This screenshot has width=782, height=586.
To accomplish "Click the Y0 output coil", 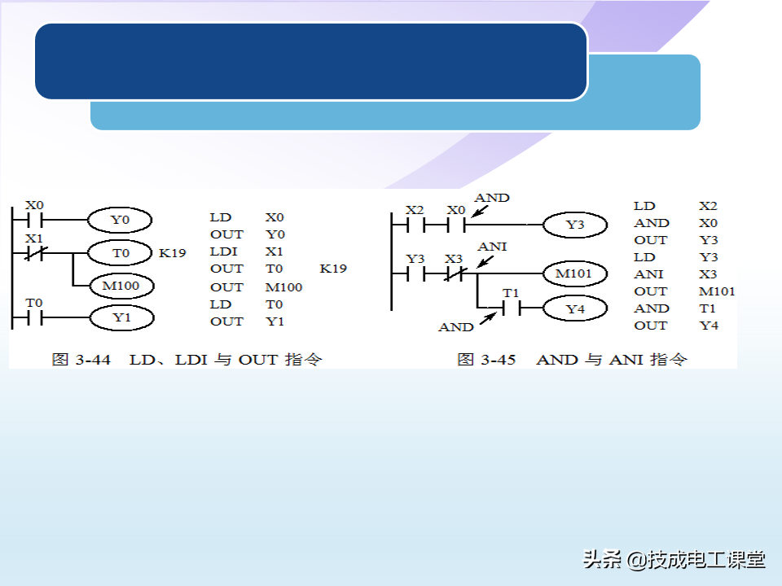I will [120, 220].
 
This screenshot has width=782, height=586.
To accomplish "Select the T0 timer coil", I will [120, 253].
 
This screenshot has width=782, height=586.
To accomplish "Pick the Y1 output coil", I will [121, 317].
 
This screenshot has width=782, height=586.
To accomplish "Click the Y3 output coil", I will [575, 225].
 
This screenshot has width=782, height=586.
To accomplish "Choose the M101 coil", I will [573, 273].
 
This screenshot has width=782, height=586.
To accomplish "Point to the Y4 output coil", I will [575, 309].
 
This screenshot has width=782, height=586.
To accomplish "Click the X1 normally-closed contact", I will [34, 253].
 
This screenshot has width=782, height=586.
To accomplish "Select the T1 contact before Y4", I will [511, 308].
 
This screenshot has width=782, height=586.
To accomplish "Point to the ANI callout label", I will [492, 246].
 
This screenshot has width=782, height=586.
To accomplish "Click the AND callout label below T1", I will [455, 327].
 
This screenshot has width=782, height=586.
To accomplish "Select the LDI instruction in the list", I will [223, 251].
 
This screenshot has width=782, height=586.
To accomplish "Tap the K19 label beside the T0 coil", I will [172, 253].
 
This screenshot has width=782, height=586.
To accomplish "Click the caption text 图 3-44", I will [81, 359].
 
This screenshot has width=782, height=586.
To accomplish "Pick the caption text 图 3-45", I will [486, 359].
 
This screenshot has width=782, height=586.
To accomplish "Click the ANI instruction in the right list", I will [648, 274].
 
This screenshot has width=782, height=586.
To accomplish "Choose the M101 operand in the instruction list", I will [717, 291].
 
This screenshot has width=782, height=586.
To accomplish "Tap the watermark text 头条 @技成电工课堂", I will [674, 559].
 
